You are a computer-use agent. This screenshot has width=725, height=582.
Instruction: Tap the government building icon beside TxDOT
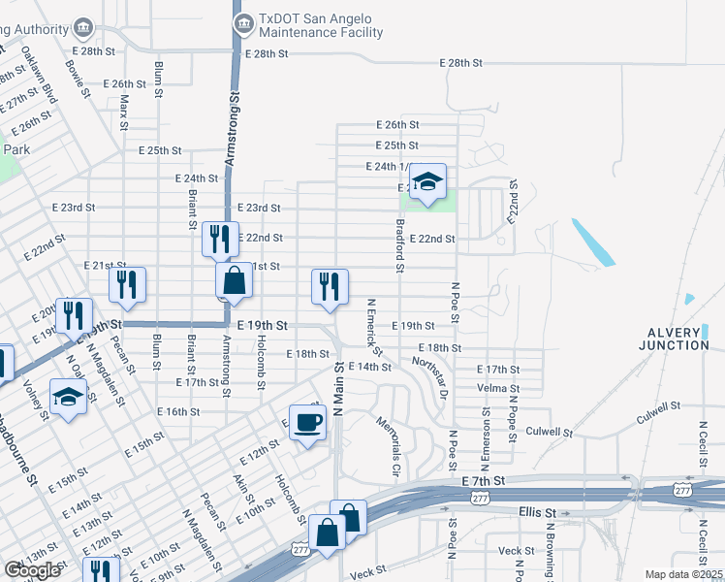point(244,20)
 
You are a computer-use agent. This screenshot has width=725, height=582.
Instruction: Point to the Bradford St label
point(398,243)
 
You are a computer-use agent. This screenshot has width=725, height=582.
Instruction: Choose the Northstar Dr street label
point(430,376)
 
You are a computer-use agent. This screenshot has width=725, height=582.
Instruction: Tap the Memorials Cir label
point(390,448)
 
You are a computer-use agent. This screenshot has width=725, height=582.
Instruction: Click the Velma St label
point(499,388)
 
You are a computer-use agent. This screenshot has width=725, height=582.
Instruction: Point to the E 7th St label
point(484,481)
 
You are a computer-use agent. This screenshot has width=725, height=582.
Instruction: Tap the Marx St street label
point(124,113)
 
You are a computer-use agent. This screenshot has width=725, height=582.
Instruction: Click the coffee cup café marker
point(308,423)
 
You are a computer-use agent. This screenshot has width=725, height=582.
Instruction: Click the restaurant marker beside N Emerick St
point(330,286)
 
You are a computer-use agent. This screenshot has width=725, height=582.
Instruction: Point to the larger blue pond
point(592,242)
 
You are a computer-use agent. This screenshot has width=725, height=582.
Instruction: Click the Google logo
point(32,570)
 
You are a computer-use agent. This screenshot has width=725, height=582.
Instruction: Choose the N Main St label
point(339,388)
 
